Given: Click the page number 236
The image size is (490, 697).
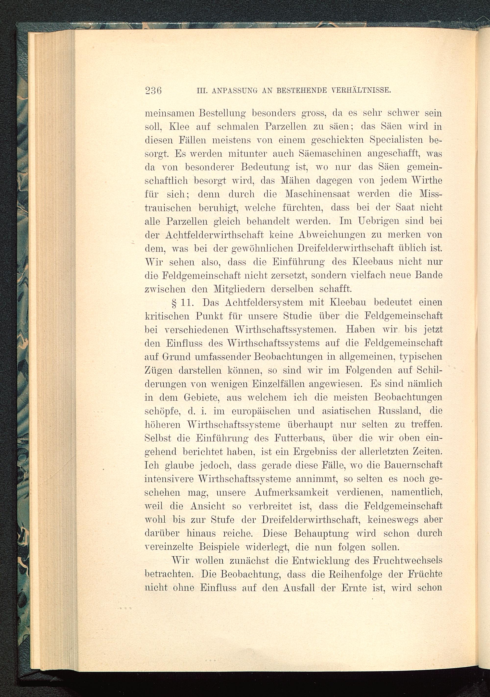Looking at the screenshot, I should coord(153,90).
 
